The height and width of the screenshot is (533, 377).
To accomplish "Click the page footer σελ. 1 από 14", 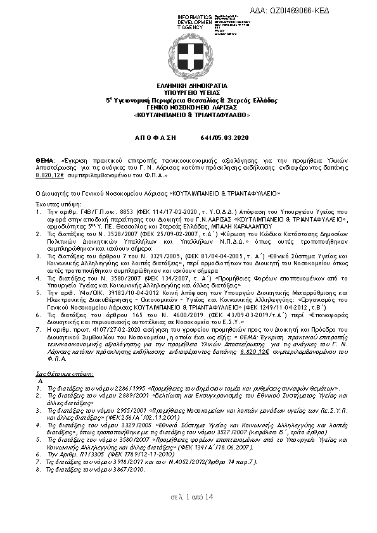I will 191,497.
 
